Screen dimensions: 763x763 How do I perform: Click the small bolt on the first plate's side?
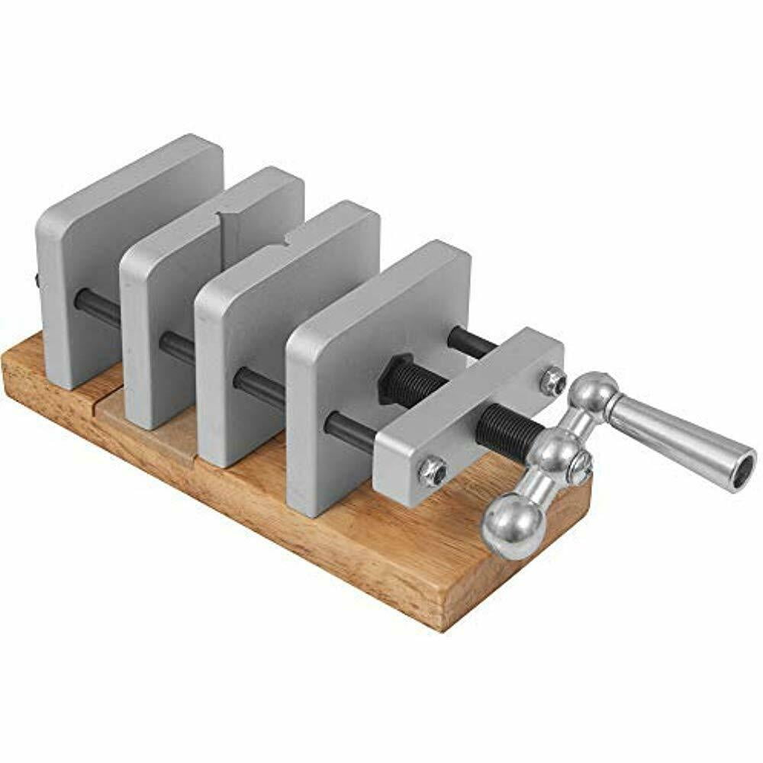pos(38,281)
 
